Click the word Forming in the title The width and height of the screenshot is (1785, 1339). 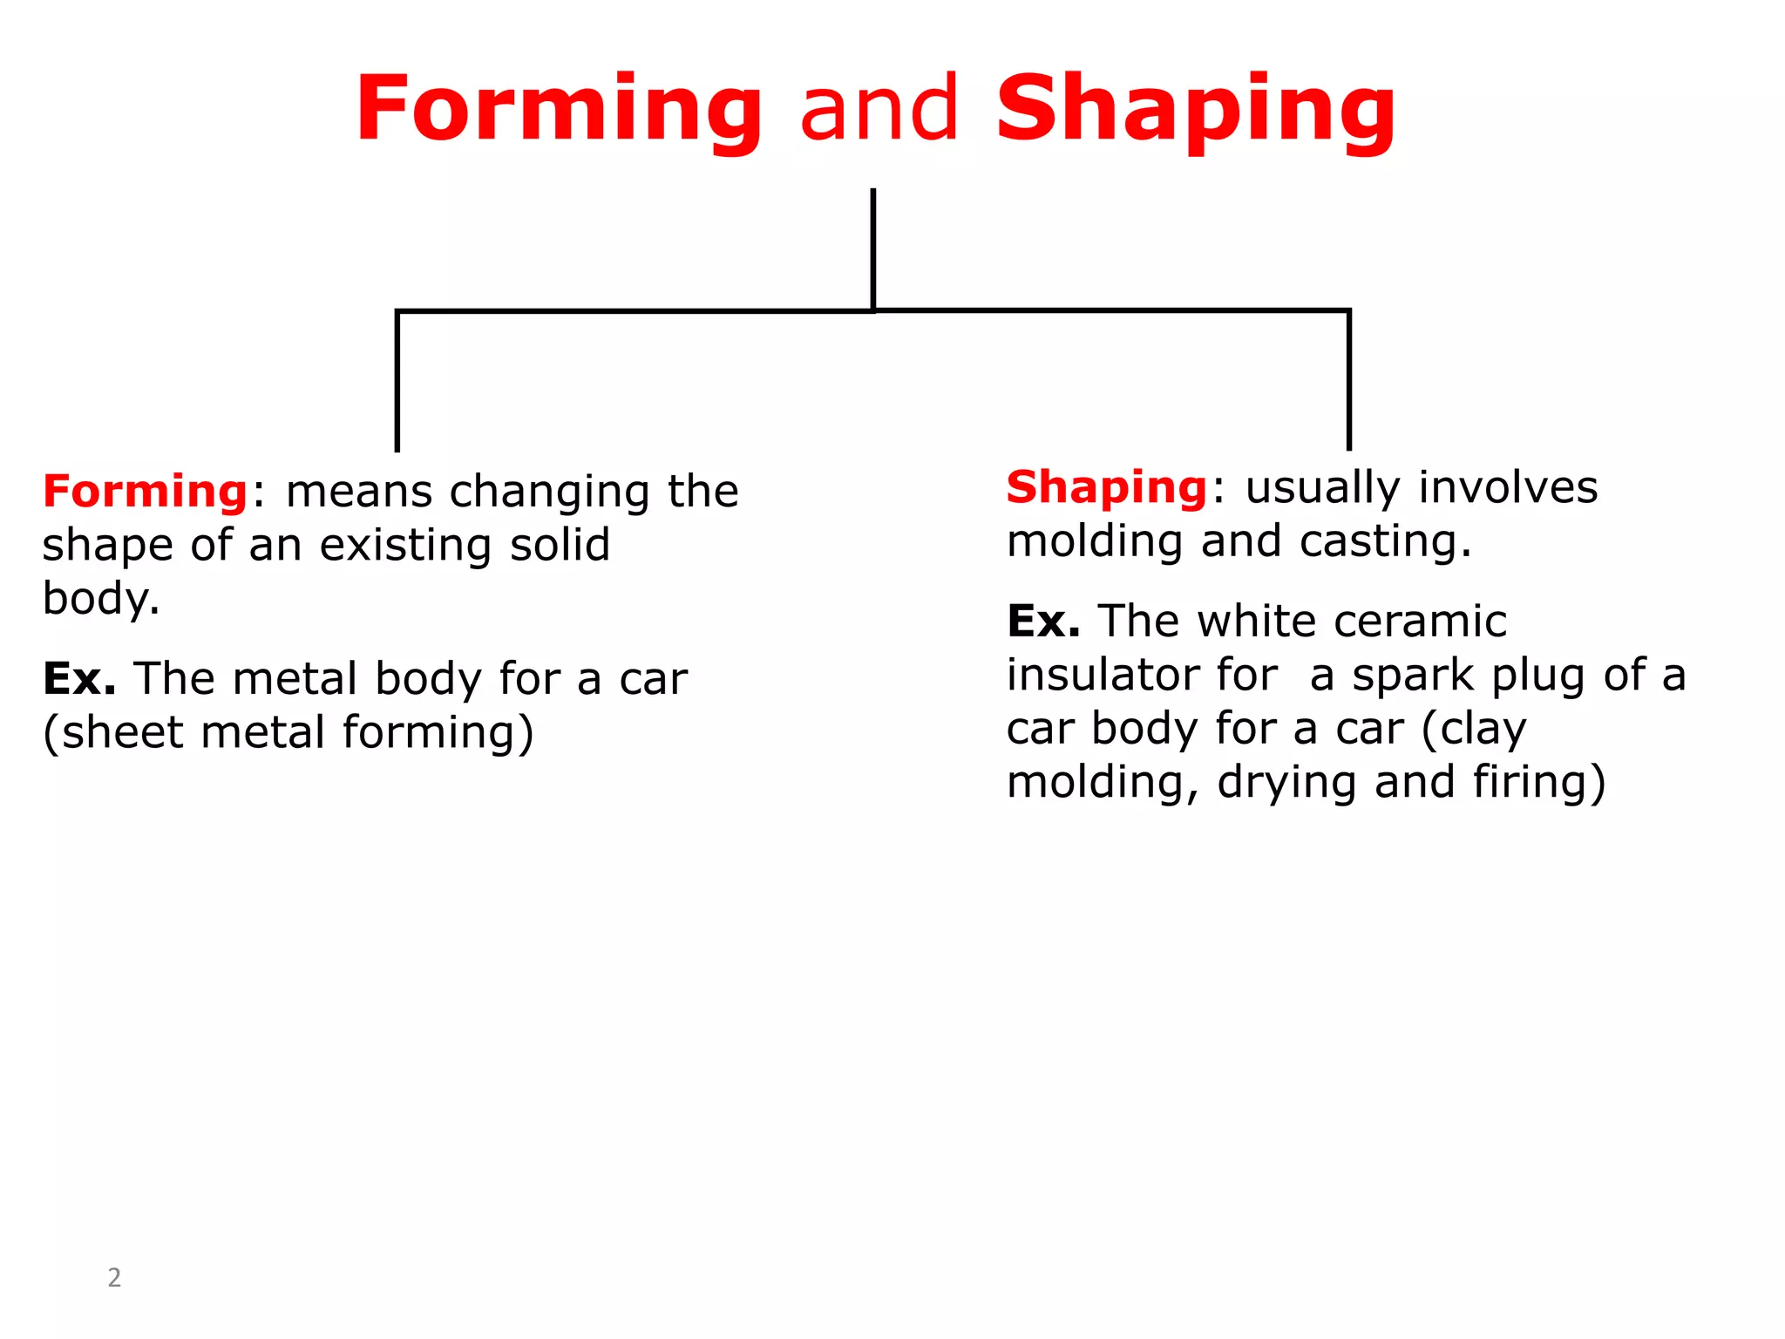tap(559, 110)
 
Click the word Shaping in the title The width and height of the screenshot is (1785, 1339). tap(1196, 110)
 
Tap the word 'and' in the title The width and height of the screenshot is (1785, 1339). tap(879, 110)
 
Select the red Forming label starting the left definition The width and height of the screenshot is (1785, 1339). tap(146, 491)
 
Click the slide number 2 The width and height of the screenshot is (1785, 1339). tap(114, 1277)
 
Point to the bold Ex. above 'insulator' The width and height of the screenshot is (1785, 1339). tap(1043, 622)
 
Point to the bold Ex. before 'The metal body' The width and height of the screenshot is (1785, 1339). tap(79, 678)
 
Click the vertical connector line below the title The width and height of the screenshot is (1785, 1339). tap(872, 248)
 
